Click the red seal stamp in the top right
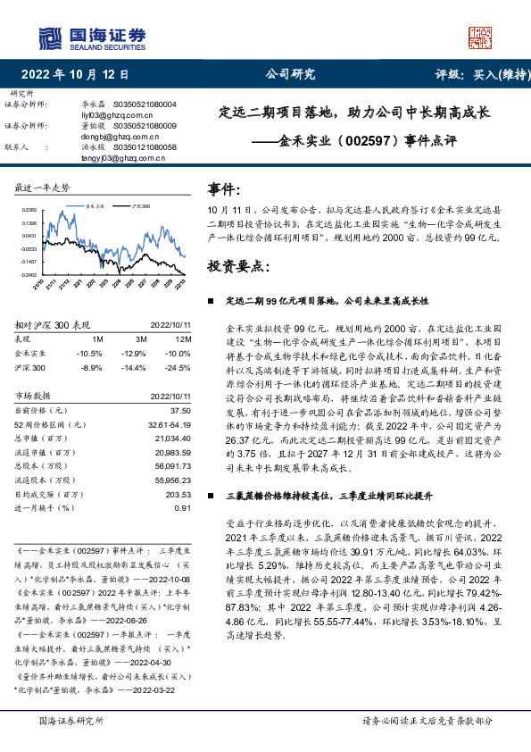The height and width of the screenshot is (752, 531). coord(481,38)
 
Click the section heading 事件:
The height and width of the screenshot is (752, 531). coord(224,189)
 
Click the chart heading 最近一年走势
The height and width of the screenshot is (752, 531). coord(43,188)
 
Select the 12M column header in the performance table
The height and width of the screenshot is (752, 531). coord(182,340)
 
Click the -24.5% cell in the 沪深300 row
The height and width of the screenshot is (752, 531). coord(178,367)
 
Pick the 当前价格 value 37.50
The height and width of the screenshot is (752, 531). coord(180,409)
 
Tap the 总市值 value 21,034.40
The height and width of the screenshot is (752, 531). coord(173,440)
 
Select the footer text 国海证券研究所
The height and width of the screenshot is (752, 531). coord(72,721)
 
